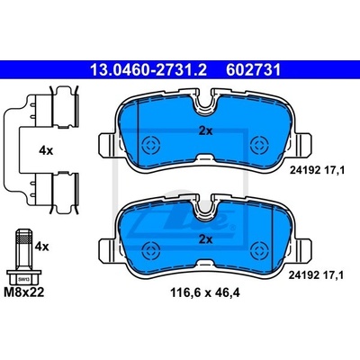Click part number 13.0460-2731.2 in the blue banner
[x=148, y=70]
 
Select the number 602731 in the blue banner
[x=254, y=70]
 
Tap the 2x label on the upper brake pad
[x=205, y=131]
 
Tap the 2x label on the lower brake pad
[x=205, y=239]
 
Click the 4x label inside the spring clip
[x=46, y=150]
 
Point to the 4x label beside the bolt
[x=41, y=247]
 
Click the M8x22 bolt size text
[x=24, y=292]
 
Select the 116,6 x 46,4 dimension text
[x=205, y=292]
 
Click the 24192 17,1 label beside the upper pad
[x=317, y=170]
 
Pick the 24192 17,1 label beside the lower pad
[x=316, y=274]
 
